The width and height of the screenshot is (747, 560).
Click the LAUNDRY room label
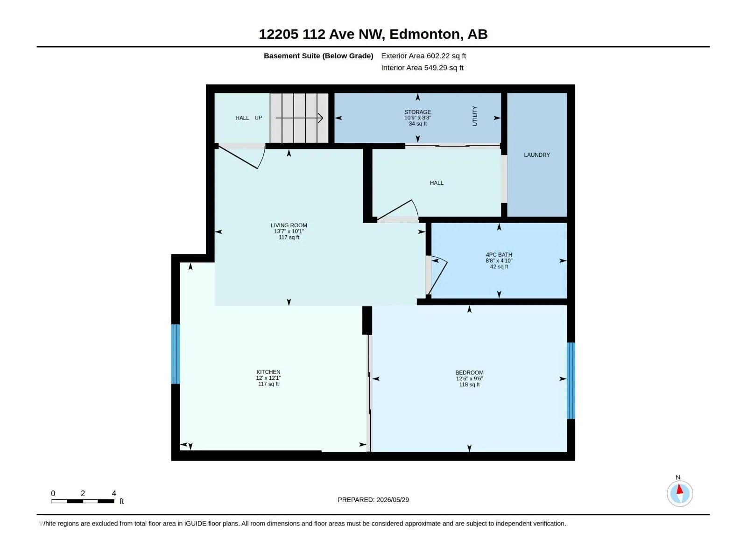click(537, 155)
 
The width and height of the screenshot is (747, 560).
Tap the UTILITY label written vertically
click(475, 116)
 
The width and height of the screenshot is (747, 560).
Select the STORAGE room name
click(417, 112)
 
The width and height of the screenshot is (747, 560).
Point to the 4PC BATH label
click(499, 255)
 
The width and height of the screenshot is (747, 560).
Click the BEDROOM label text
click(469, 373)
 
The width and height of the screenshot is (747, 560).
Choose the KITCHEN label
click(268, 372)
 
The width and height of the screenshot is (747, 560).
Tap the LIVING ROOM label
click(289, 225)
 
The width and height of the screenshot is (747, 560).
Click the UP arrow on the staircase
click(299, 118)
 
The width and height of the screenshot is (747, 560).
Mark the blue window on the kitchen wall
click(175, 354)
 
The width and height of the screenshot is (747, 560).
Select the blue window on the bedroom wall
click(571, 380)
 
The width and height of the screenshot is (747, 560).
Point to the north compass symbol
click(680, 493)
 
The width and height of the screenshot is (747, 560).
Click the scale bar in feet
click(83, 501)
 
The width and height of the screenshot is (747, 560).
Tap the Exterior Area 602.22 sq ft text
click(423, 56)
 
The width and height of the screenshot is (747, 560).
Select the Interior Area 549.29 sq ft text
click(423, 68)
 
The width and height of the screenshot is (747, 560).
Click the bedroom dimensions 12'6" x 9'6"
click(469, 378)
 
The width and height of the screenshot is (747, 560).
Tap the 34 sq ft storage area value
click(417, 124)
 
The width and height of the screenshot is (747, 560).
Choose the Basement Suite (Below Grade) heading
click(318, 56)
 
